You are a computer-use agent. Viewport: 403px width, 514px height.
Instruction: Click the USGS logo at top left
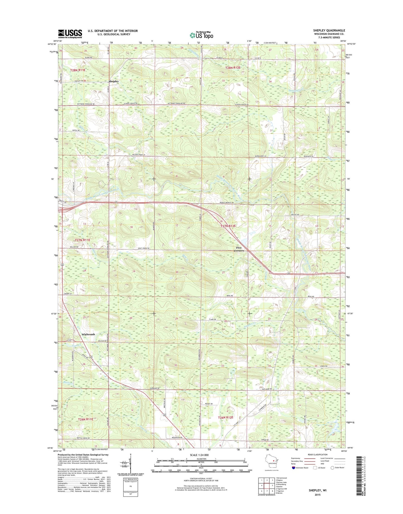[70, 33]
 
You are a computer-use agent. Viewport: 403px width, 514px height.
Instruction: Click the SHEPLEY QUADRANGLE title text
[329, 30]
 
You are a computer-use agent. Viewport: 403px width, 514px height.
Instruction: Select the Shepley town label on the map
[114, 81]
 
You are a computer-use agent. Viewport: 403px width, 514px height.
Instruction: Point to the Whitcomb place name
[88, 334]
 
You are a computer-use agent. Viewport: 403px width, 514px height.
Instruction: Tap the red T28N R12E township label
[233, 68]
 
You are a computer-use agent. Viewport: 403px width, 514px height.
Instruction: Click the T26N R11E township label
[85, 419]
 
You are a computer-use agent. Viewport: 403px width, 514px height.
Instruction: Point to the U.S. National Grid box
[131, 487]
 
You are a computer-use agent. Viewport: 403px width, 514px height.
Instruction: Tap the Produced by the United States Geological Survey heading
[83, 455]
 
